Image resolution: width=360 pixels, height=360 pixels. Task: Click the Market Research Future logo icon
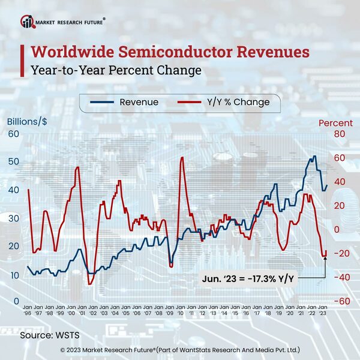28,22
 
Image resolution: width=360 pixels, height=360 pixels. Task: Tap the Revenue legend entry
125,102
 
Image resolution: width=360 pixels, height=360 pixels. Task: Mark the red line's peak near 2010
181,158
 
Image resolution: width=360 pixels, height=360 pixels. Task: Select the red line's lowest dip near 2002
89,284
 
